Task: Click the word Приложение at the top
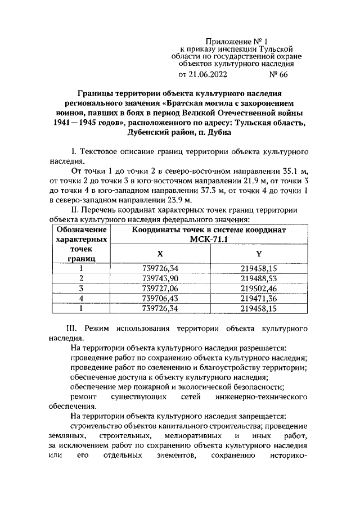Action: (x=229, y=41)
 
